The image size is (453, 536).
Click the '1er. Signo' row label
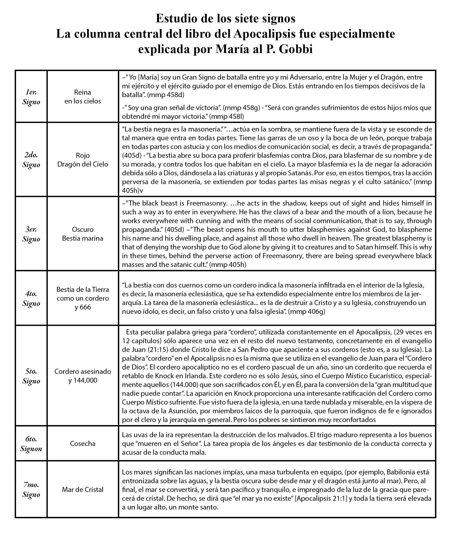[31, 97]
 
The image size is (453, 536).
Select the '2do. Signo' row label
[31, 160]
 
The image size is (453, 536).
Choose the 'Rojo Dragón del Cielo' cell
[83, 160]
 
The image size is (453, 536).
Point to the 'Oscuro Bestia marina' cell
[83, 234]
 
